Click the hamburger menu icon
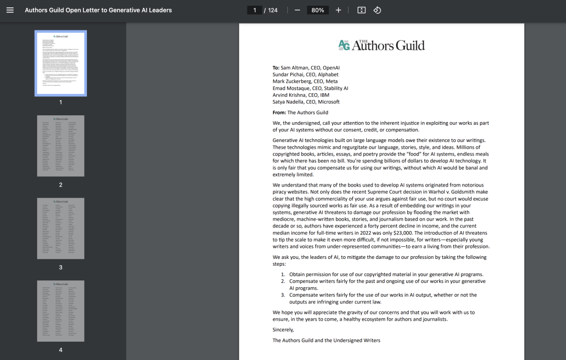pos(10,10)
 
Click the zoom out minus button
pos(297,10)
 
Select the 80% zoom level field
pos(318,10)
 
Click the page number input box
pos(255,10)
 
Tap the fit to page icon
pos(361,10)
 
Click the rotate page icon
pos(377,10)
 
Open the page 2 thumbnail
pos(61,146)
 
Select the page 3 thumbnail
pos(61,228)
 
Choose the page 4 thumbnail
pos(61,311)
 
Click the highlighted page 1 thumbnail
pos(61,63)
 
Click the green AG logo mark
pos(344,46)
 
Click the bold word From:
pos(279,112)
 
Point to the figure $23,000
pos(402,233)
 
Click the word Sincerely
pos(283,330)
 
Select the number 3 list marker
pos(283,295)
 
